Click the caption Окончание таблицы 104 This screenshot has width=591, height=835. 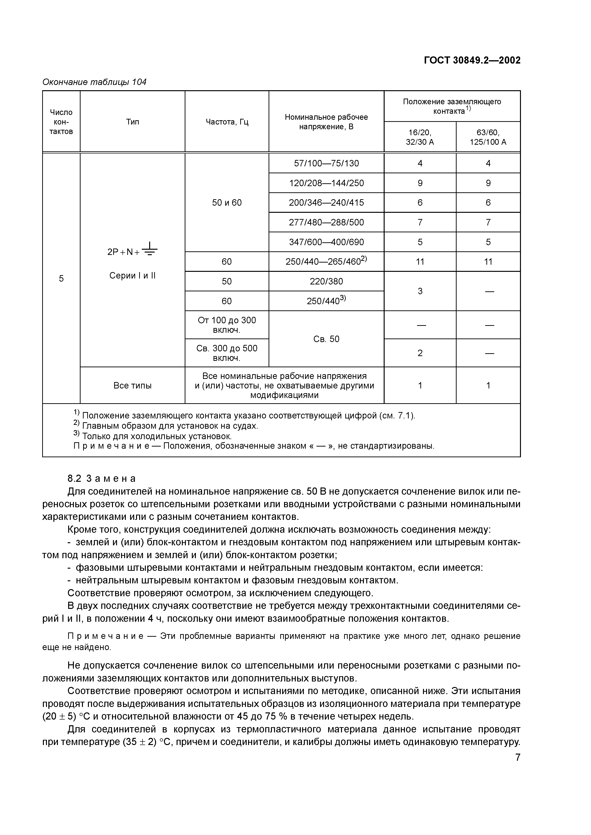tap(94, 82)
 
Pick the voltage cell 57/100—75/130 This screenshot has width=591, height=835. tap(326, 163)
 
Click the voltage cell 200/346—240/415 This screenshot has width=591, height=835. tap(326, 203)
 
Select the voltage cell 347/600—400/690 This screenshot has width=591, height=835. tap(326, 242)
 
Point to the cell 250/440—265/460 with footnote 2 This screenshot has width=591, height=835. tap(326, 262)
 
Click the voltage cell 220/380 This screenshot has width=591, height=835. tap(326, 281)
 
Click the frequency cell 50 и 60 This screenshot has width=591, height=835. tap(227, 203)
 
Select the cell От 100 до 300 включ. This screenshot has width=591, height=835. tap(227, 325)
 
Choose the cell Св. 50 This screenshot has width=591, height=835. tap(326, 339)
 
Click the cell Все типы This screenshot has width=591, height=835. tap(132, 386)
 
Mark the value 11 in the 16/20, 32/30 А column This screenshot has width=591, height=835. tap(420, 262)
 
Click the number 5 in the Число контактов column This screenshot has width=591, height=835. tap(61, 278)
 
